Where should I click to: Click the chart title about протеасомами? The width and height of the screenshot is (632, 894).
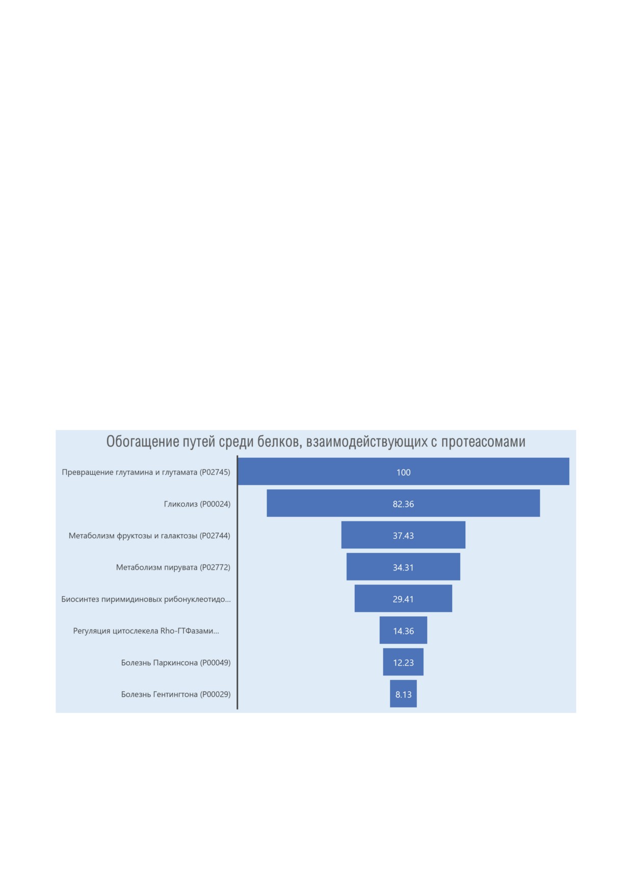(315, 441)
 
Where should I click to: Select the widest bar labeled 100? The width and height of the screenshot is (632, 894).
(403, 471)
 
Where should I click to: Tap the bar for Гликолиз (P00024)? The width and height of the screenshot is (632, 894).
(403, 503)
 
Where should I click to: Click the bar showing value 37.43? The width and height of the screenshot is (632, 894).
(403, 535)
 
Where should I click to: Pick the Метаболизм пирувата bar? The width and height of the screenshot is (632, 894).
(403, 566)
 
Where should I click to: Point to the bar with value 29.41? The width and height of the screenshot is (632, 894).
(403, 598)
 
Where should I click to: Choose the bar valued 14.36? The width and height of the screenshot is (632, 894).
(403, 630)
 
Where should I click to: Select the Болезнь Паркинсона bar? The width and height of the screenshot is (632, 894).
(403, 662)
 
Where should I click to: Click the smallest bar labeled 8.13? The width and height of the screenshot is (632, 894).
(403, 694)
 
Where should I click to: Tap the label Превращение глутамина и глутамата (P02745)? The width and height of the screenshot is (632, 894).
(146, 472)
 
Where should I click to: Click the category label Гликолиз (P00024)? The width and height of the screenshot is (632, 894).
(197, 504)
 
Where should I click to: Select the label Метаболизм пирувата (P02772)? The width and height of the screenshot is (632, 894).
(173, 567)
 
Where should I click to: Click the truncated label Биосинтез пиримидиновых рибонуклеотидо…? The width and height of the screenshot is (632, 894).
(146, 599)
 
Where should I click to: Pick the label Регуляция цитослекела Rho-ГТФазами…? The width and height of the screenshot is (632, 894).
(146, 631)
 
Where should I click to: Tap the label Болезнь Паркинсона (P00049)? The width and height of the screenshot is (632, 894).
(176, 663)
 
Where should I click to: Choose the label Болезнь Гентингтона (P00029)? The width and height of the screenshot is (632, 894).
(176, 694)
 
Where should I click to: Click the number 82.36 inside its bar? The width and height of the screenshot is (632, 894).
(403, 504)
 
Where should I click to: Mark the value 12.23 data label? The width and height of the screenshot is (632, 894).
(403, 663)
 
